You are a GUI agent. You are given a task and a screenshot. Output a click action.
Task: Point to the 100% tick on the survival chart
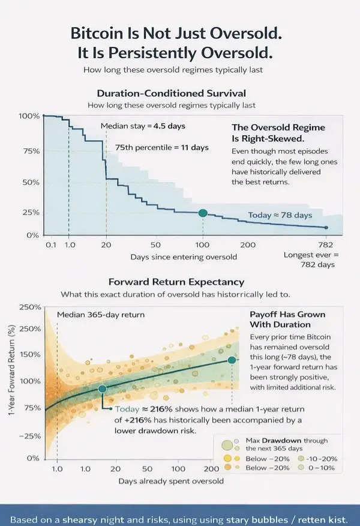[29, 115]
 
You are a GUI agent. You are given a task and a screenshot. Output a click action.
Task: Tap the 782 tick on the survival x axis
[325, 245]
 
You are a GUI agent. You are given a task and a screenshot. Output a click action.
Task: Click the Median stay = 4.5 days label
[143, 126]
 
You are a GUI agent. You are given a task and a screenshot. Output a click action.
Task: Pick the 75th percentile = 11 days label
[161, 147]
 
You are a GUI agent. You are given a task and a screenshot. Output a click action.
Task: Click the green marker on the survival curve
[203, 213]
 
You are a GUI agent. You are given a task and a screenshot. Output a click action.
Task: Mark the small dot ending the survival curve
[326, 228]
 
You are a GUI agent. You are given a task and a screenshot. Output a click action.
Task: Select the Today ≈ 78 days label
[280, 215]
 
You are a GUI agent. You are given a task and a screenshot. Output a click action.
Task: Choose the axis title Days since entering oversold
[184, 257]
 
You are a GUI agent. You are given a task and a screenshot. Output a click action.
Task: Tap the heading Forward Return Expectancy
[176, 282]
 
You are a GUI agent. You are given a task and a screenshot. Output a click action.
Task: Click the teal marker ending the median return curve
[232, 360]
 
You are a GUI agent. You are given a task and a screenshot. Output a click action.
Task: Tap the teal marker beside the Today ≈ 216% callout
[103, 389]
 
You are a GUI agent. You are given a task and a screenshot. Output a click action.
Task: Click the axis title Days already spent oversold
[171, 481]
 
